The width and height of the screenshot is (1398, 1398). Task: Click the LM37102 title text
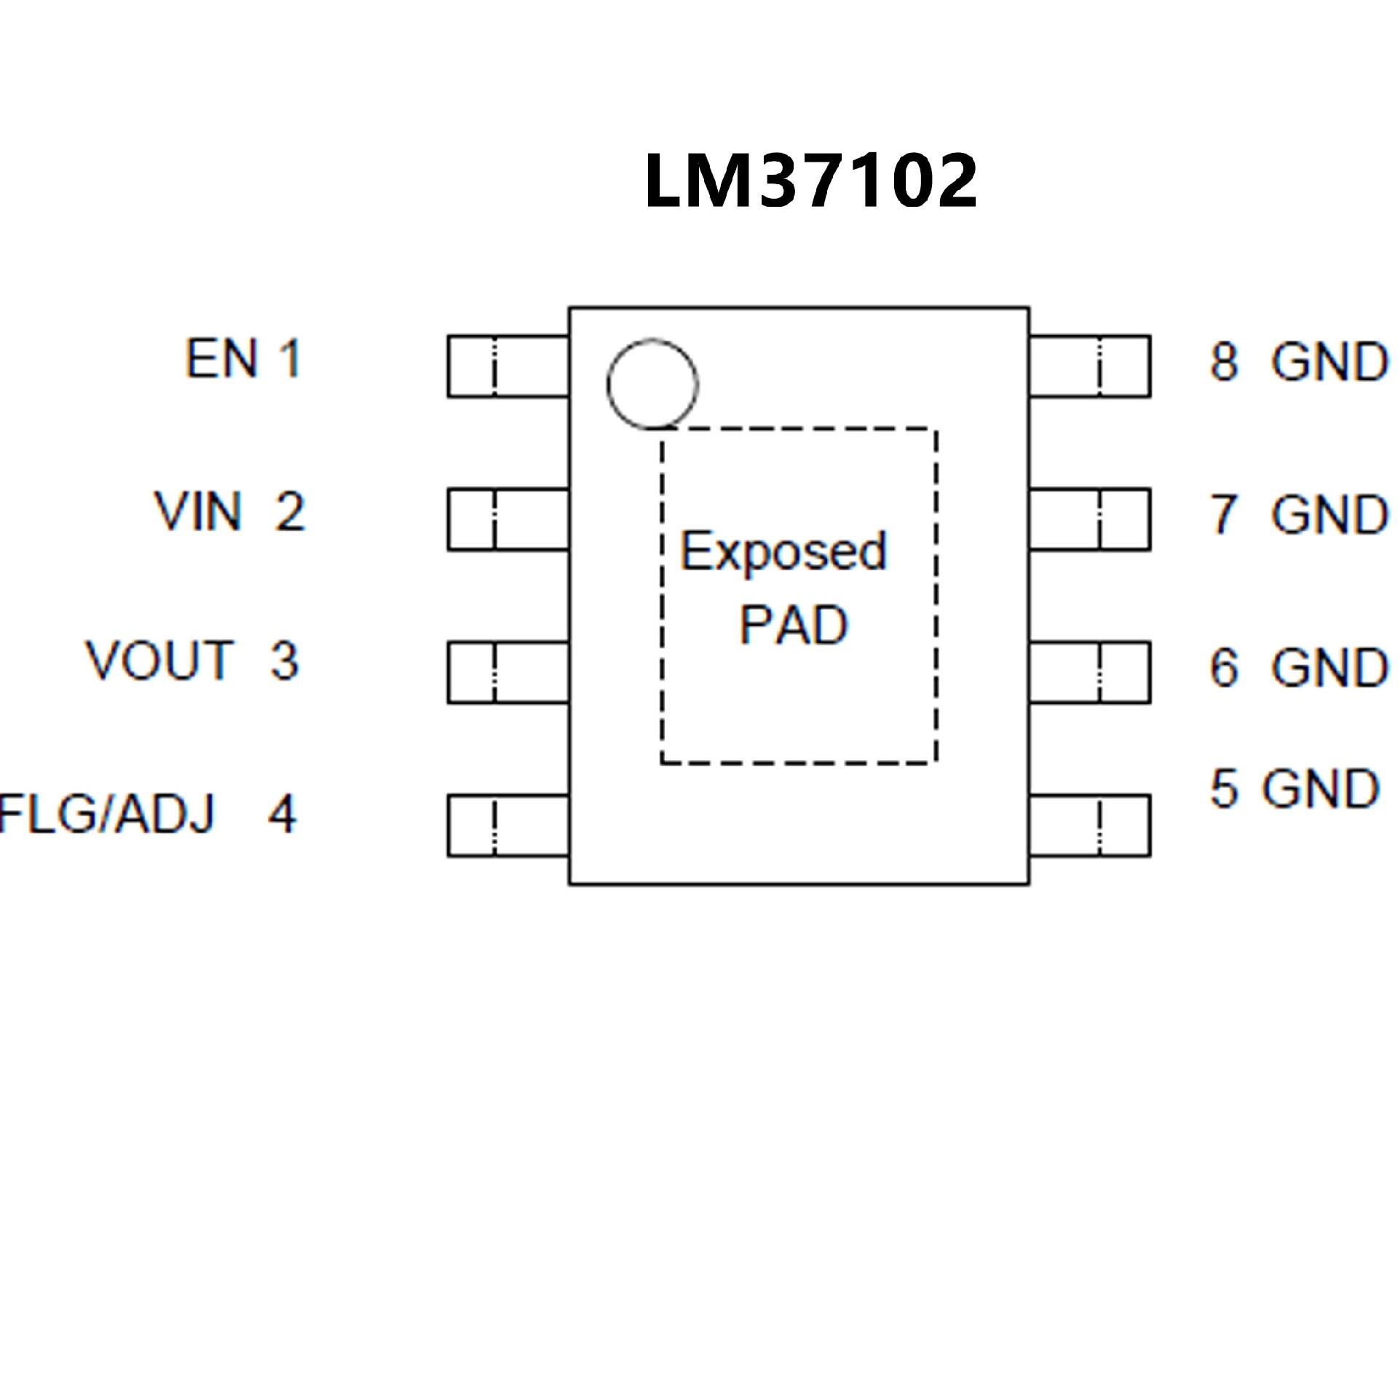[810, 181]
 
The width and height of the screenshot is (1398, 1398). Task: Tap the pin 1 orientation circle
[652, 383]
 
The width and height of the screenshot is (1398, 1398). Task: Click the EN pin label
[222, 358]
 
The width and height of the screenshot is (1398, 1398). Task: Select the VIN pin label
[197, 511]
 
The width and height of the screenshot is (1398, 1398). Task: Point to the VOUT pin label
[160, 661]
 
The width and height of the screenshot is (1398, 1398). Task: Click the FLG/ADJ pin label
[107, 813]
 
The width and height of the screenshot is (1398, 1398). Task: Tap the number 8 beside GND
[1224, 361]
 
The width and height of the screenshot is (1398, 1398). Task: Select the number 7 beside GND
[1224, 514]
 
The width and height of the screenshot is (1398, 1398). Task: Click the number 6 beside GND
[1224, 667]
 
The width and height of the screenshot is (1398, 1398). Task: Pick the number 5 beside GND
[1224, 789]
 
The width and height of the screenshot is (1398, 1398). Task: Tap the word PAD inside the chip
[794, 625]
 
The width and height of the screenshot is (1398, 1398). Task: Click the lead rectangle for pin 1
[508, 366]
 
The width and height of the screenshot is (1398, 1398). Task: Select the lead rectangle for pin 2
[508, 519]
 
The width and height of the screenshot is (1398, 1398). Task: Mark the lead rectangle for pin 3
[508, 672]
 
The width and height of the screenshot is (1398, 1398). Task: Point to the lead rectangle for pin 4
[508, 826]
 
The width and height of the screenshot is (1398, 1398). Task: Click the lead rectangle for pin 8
[1090, 366]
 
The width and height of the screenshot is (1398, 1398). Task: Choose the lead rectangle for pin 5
[1090, 826]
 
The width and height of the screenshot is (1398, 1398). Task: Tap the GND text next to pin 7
[1330, 514]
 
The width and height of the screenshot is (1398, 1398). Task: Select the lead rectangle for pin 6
[1090, 672]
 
